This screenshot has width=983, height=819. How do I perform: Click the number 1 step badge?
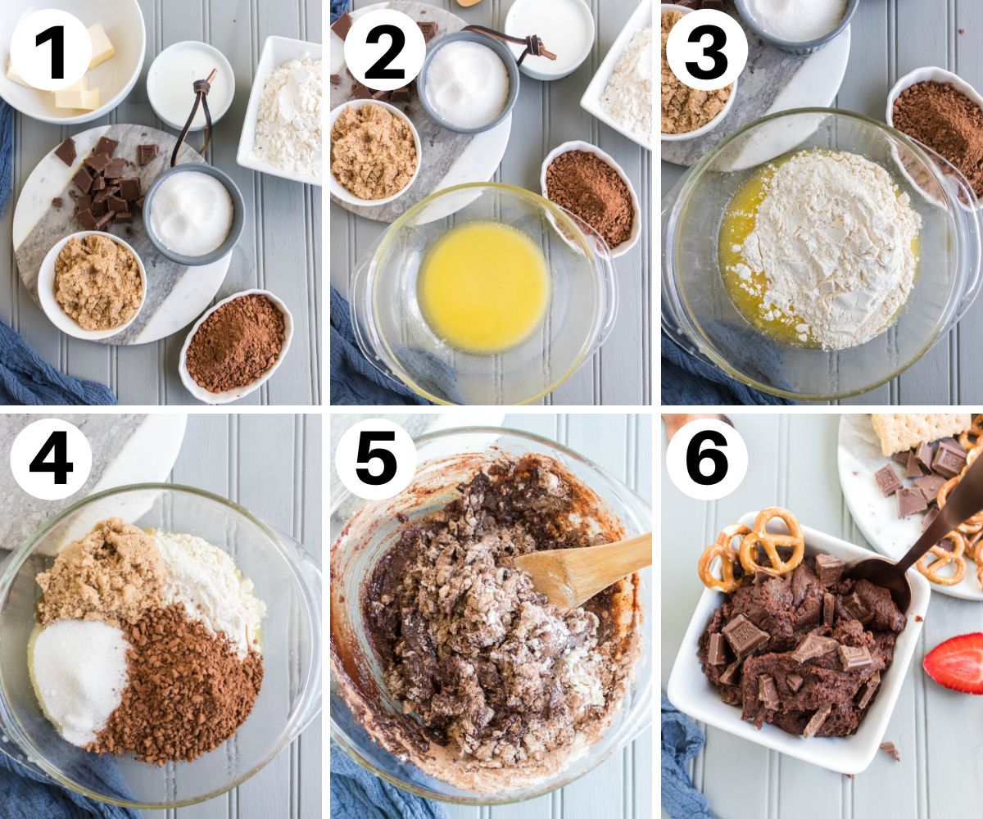51,50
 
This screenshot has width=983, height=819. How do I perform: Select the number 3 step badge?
706,50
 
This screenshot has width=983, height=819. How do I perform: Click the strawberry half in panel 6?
955,662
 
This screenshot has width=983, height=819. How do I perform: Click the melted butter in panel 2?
483,287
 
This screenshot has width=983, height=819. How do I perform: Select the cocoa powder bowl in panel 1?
235,345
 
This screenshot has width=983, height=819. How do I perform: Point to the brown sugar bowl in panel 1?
97,283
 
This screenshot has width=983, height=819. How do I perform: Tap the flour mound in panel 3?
827,246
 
